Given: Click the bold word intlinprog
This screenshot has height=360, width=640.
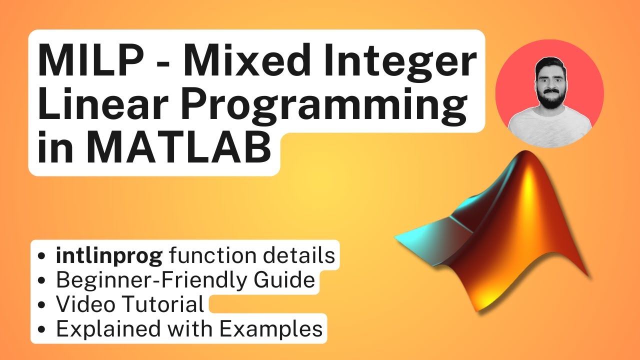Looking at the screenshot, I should coord(109,256).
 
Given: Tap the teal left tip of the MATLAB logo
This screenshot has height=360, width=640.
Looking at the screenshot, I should coord(400,235).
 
